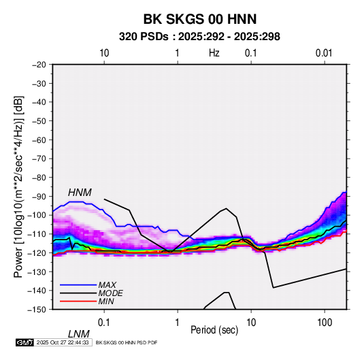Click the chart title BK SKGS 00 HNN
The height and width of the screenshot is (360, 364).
(x=200, y=19)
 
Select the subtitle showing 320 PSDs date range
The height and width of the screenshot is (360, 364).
(x=199, y=37)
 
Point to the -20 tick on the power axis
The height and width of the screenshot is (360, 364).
(x=39, y=65)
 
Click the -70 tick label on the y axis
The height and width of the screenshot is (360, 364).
(x=39, y=159)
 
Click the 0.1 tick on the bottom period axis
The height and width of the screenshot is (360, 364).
(x=104, y=323)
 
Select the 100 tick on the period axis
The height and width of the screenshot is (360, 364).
(x=325, y=323)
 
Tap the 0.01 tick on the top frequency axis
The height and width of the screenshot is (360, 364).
(x=324, y=53)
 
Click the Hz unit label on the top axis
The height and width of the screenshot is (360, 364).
(x=214, y=53)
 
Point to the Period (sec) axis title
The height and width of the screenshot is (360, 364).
(x=214, y=330)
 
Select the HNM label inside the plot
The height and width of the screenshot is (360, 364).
(x=80, y=193)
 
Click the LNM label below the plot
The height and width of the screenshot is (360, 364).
(x=78, y=334)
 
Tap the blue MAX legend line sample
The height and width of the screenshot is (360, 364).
(x=78, y=284)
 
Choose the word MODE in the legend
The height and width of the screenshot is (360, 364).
(x=110, y=293)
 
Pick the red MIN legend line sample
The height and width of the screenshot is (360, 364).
(x=78, y=301)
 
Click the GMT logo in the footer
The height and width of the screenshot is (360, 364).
(x=24, y=342)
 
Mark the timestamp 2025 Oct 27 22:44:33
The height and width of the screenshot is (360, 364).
(x=63, y=342)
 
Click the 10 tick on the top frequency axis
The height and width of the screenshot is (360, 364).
(x=104, y=53)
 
